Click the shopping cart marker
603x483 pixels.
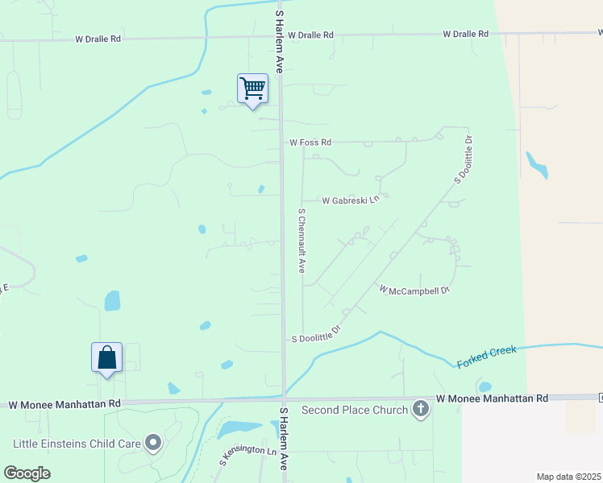[252, 89]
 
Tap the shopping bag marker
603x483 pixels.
[107, 357]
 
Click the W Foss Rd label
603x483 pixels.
[310, 142]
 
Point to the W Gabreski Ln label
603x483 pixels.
[351, 200]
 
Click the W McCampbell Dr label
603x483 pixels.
[414, 288]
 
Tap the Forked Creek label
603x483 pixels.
[486, 357]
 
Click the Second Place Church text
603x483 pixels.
[355, 410]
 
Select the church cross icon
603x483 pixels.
[420, 410]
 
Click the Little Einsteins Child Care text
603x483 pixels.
[76, 443]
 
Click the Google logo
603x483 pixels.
[27, 473]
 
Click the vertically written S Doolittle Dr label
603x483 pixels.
[462, 159]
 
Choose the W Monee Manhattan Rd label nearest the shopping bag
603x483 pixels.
[62, 403]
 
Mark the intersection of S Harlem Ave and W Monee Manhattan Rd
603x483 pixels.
[284, 400]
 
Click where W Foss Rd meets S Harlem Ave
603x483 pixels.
[281, 142]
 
